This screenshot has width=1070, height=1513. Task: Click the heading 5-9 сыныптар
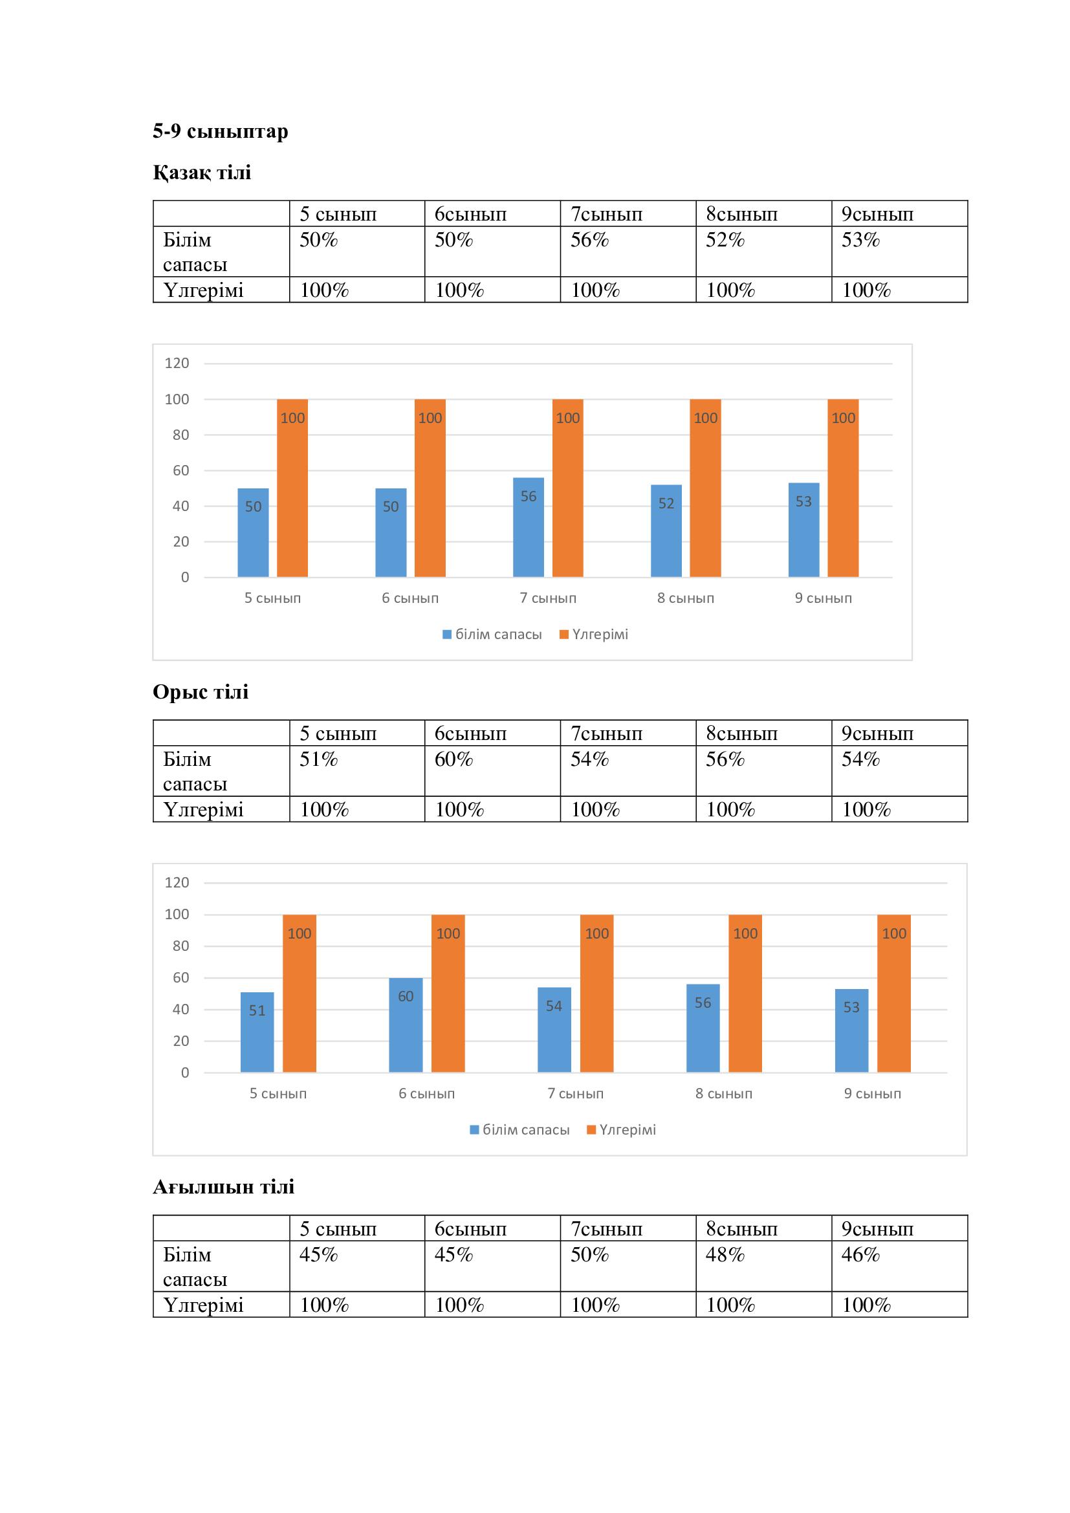point(220,131)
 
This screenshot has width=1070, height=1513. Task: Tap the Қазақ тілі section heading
point(202,173)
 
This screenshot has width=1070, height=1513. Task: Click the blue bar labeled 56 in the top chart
point(529,527)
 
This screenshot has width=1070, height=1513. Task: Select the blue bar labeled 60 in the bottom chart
point(406,1025)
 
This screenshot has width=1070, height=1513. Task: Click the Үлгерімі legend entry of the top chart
point(594,635)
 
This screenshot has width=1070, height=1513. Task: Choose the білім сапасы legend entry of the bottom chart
point(519,1129)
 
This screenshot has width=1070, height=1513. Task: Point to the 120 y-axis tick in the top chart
point(177,363)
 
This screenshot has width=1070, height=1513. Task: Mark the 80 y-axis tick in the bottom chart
point(180,946)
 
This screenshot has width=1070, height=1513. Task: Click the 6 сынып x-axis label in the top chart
point(409,598)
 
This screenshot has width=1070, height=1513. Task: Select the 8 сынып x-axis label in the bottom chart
point(723,1093)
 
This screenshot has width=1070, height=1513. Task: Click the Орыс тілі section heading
point(201,692)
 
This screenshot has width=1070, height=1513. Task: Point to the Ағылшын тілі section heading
point(223,1187)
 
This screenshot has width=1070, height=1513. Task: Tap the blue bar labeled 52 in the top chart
point(666,530)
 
